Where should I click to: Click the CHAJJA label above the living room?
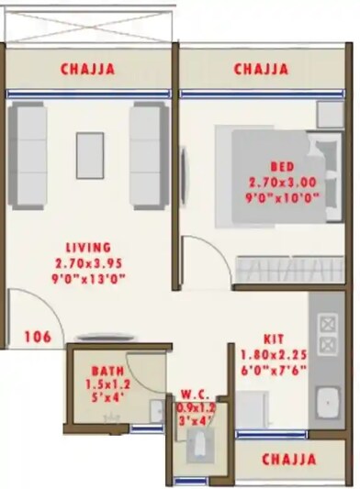pyautogui.click(x=89, y=69)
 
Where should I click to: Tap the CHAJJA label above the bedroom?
pyautogui.click(x=261, y=69)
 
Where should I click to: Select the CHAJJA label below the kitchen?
pyautogui.click(x=289, y=459)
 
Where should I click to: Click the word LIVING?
pyautogui.click(x=88, y=247)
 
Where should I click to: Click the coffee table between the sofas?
pyautogui.click(x=89, y=150)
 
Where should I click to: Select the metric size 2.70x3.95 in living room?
pyautogui.click(x=88, y=262)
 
